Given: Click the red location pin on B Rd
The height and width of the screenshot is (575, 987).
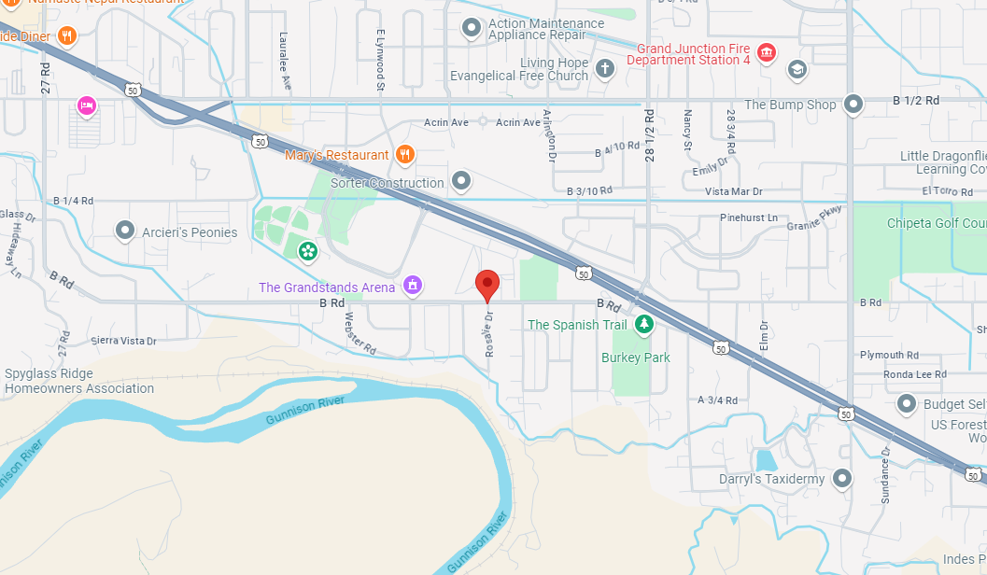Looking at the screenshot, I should pyautogui.click(x=487, y=283).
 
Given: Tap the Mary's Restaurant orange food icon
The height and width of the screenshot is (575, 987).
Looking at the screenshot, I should pyautogui.click(x=404, y=154).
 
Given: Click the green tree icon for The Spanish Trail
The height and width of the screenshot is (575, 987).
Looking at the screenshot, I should pyautogui.click(x=643, y=324).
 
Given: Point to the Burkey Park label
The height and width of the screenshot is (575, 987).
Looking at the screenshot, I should pyautogui.click(x=636, y=358).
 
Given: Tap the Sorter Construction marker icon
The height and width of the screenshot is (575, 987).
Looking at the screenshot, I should pyautogui.click(x=460, y=180).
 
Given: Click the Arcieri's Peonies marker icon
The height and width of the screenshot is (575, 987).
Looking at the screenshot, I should pyautogui.click(x=125, y=230).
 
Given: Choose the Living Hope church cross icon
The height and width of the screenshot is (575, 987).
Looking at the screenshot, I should pyautogui.click(x=605, y=68).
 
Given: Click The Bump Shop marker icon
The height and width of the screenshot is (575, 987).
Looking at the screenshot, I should pyautogui.click(x=853, y=104).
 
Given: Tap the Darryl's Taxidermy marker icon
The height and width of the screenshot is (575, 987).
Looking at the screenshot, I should pyautogui.click(x=842, y=479).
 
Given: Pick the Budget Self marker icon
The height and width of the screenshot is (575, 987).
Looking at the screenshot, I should pyautogui.click(x=906, y=404).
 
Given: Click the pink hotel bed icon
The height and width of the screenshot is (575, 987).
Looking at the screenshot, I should pyautogui.click(x=86, y=105).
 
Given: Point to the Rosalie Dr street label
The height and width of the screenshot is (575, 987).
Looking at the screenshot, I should pyautogui.click(x=488, y=335).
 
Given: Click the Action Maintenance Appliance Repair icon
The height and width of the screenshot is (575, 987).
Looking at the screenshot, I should pyautogui.click(x=472, y=29).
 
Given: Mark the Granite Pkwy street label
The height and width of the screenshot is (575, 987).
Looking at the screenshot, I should pyautogui.click(x=814, y=217).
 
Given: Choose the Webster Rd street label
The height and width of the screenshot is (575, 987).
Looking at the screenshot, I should pyautogui.click(x=360, y=332).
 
